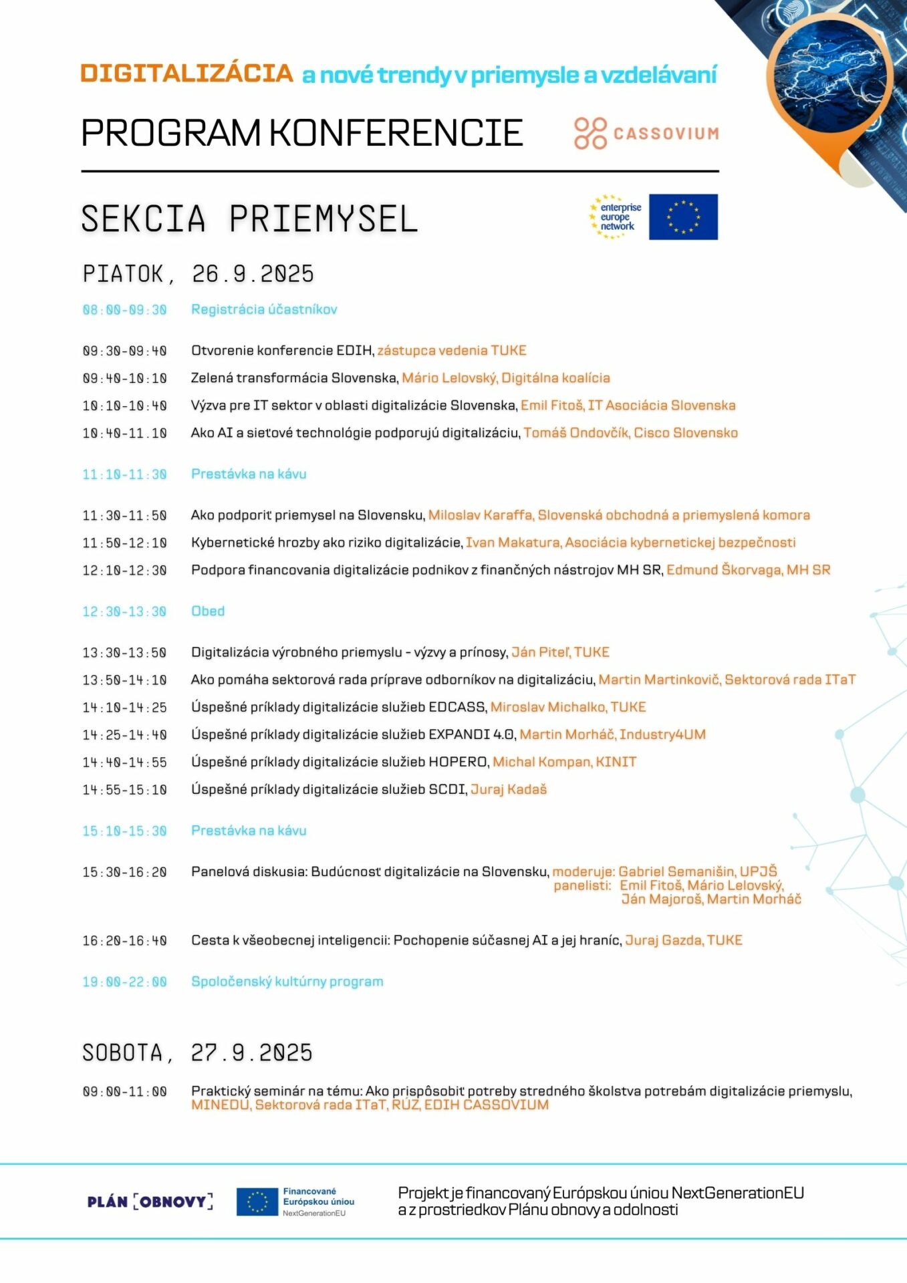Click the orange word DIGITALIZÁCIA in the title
pyautogui.click(x=186, y=74)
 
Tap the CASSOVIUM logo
pyautogui.click(x=646, y=133)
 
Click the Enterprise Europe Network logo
pyautogui.click(x=615, y=217)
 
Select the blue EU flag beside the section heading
pyautogui.click(x=683, y=217)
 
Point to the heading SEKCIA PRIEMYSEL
pyautogui.click(x=249, y=219)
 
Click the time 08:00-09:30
pyautogui.click(x=124, y=310)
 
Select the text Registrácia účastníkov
pyautogui.click(x=264, y=309)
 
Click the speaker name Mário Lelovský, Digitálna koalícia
pyautogui.click(x=505, y=378)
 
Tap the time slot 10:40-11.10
pyautogui.click(x=124, y=434)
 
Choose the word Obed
pyautogui.click(x=208, y=611)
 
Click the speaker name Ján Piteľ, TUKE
pyautogui.click(x=560, y=652)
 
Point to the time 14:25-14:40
pyautogui.click(x=124, y=735)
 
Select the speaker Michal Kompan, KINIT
pyautogui.click(x=564, y=762)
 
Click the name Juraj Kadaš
pyautogui.click(x=509, y=790)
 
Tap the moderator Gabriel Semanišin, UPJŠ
pyautogui.click(x=697, y=872)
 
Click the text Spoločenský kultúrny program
pyautogui.click(x=287, y=982)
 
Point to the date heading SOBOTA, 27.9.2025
pyautogui.click(x=197, y=1053)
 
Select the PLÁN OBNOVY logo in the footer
pyautogui.click(x=150, y=1201)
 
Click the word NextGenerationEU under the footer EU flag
pyautogui.click(x=314, y=1214)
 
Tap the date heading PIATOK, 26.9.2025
pyautogui.click(x=198, y=274)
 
